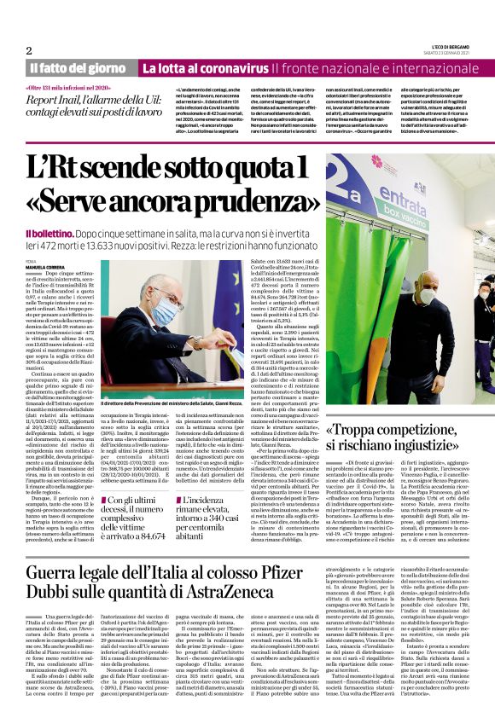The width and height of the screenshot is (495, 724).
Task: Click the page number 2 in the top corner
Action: [29, 50]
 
